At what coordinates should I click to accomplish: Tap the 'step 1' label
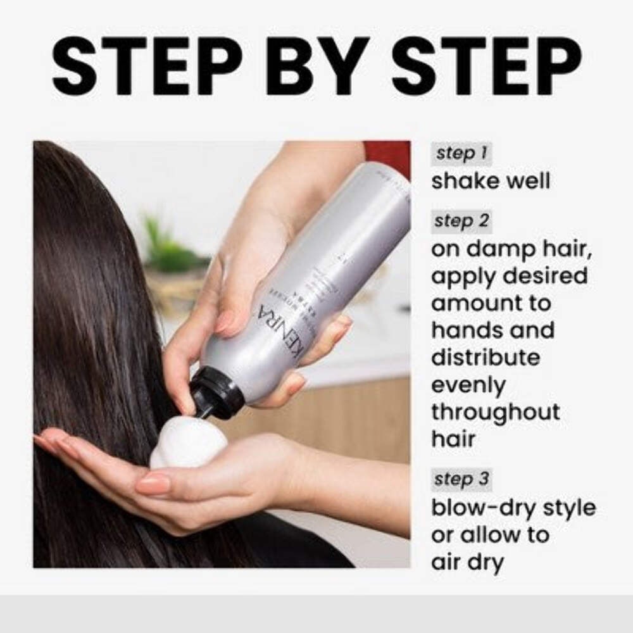(x=460, y=154)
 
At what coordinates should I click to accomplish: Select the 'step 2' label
(x=461, y=222)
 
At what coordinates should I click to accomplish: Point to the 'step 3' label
(x=461, y=479)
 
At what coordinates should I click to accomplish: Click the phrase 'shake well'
(x=491, y=181)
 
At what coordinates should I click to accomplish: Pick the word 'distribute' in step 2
(x=486, y=357)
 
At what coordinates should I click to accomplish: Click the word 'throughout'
(x=496, y=412)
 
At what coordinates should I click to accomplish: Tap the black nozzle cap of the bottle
(x=215, y=393)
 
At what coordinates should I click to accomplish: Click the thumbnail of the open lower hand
(x=152, y=485)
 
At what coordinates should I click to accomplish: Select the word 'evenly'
(x=468, y=385)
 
